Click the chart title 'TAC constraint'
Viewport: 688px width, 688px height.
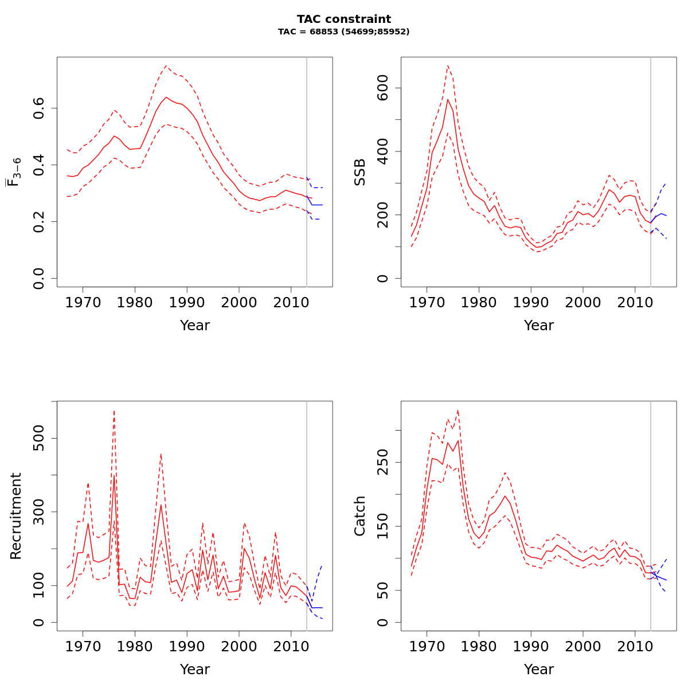(x=344, y=19)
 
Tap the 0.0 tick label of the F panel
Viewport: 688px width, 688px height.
(x=39, y=278)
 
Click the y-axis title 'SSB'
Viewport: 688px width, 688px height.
(x=359, y=172)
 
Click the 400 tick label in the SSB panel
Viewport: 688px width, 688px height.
(x=383, y=151)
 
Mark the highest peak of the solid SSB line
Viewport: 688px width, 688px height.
(x=448, y=99)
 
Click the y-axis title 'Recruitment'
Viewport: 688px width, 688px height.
(x=15, y=516)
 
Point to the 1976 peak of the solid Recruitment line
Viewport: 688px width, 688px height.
(x=114, y=475)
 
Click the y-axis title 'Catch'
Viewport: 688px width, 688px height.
(x=359, y=516)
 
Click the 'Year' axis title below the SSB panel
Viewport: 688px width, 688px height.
(x=538, y=326)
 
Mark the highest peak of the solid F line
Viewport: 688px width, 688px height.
(x=166, y=97)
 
